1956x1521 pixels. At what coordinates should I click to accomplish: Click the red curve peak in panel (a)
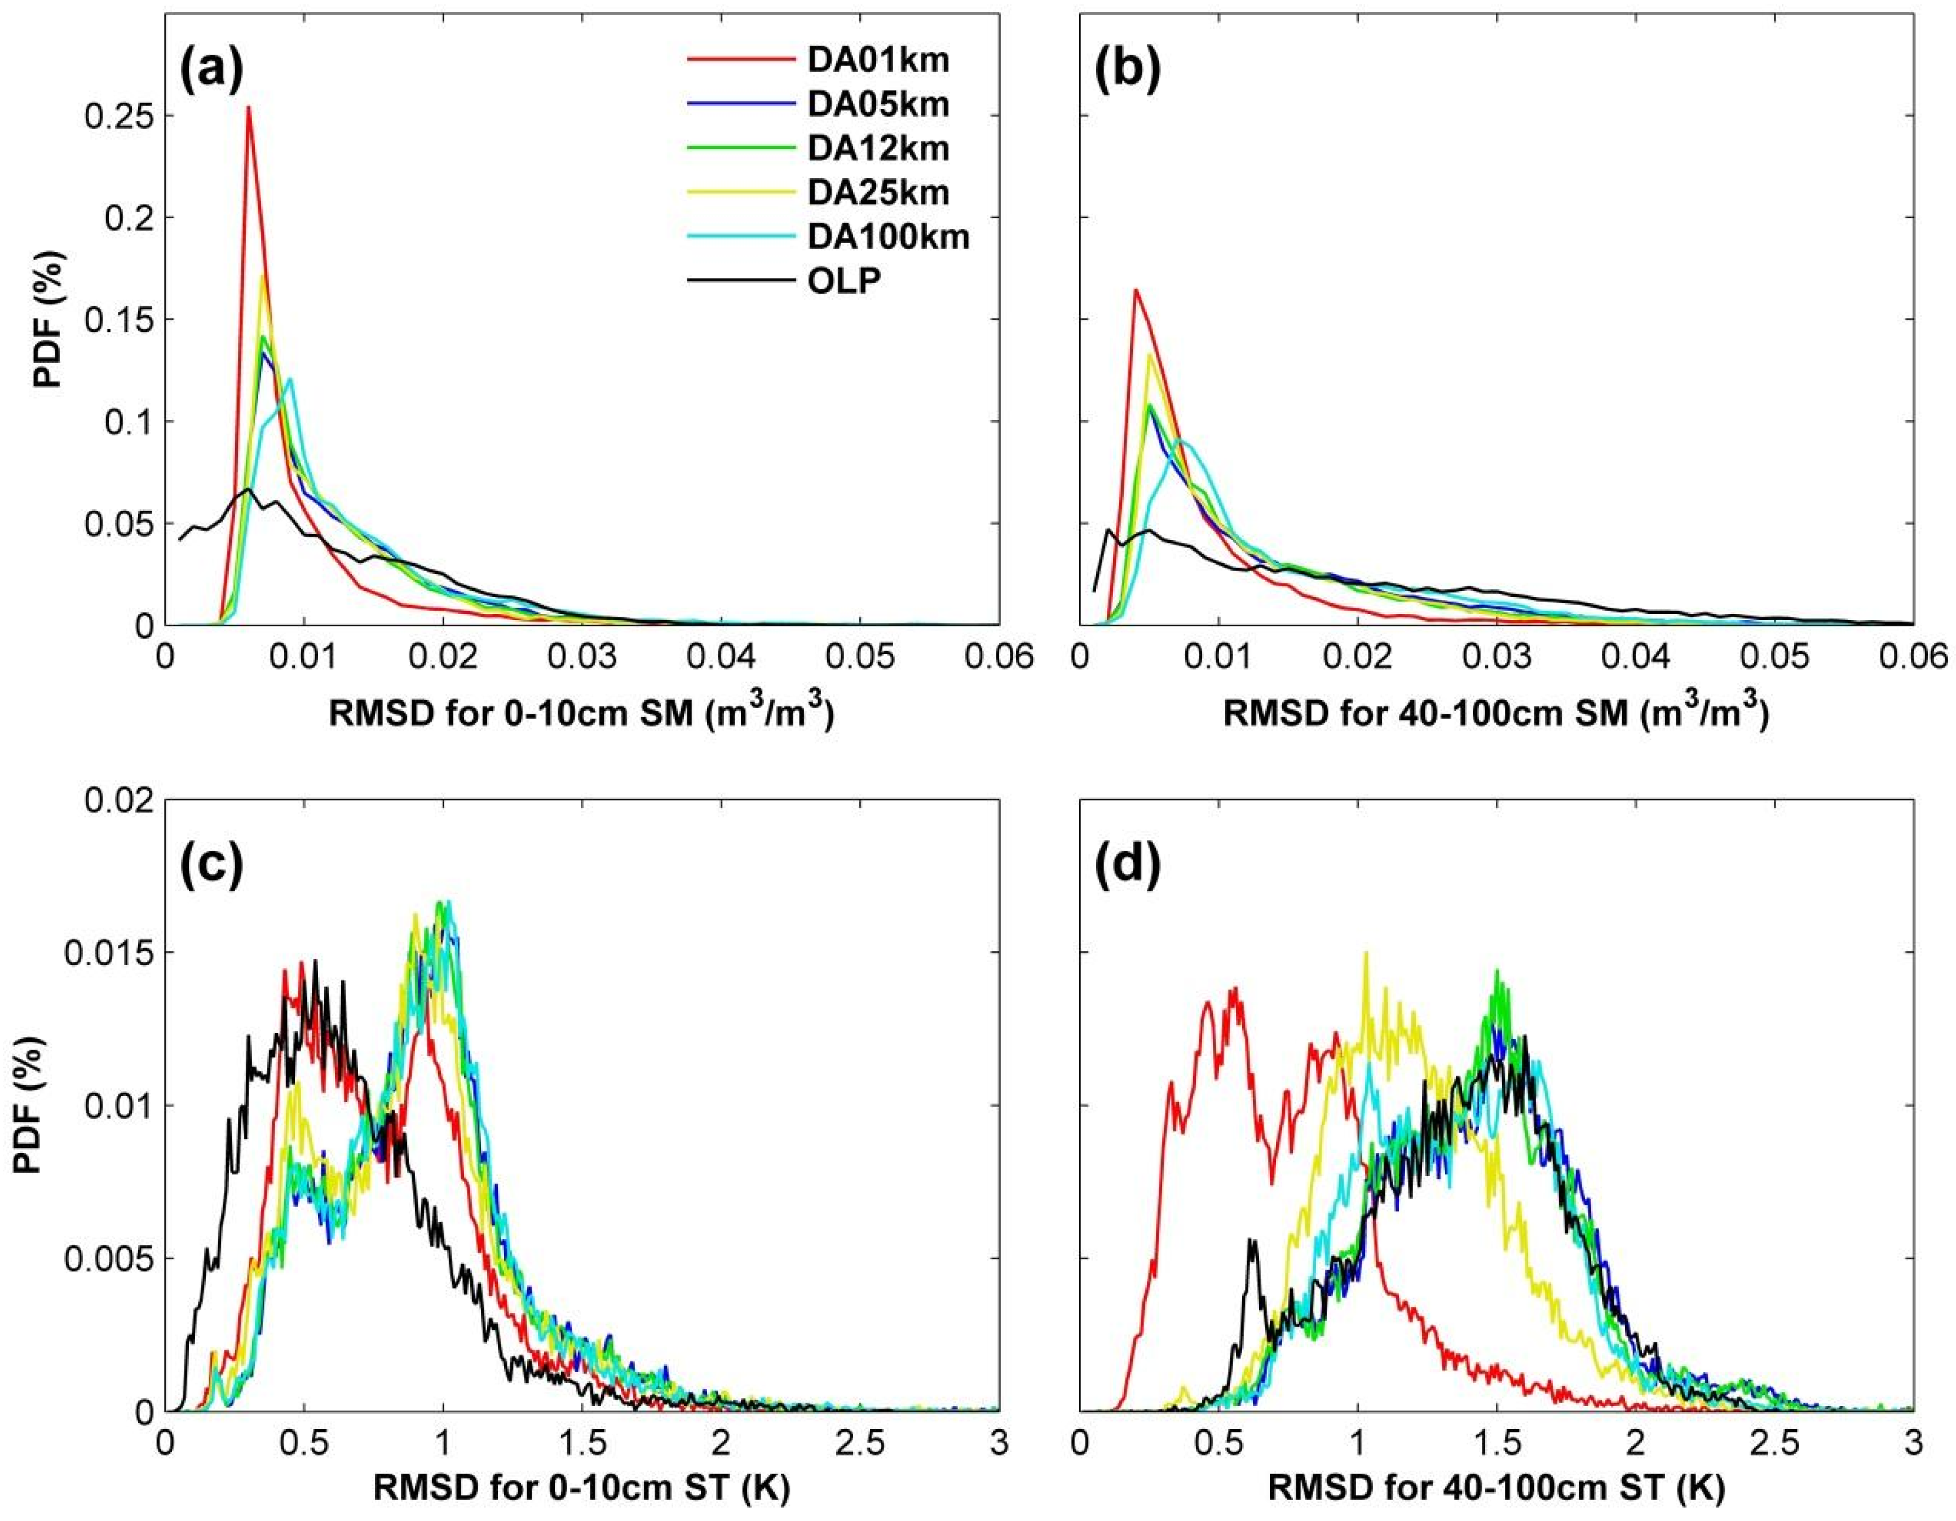pos(248,108)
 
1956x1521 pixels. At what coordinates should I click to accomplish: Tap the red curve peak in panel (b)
pos(1136,290)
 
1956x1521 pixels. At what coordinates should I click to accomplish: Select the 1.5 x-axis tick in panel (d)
pos(1498,1442)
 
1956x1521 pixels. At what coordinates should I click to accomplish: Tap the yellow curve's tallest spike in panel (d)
pos(1365,953)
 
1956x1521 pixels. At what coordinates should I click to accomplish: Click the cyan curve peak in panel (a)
pos(290,379)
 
